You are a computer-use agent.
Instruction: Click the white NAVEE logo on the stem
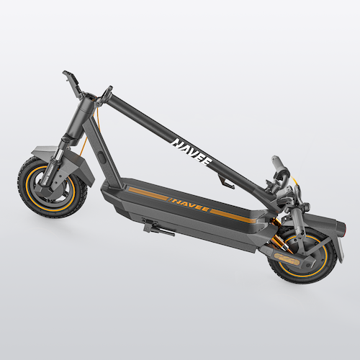(192, 152)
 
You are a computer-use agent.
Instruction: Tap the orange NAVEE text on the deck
(189, 204)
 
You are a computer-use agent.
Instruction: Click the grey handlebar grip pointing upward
(279, 164)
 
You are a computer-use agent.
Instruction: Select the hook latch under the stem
(225, 182)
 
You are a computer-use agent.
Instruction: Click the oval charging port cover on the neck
(102, 158)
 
